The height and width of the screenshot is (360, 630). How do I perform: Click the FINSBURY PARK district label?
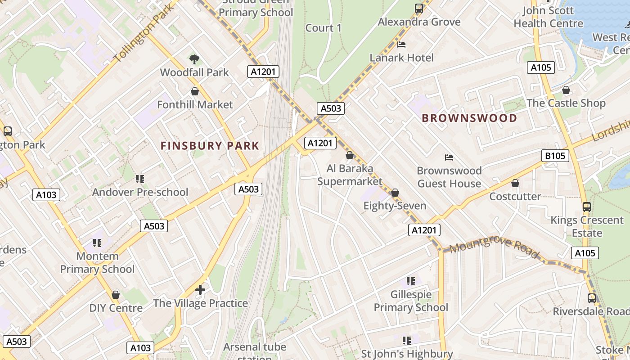point(210,146)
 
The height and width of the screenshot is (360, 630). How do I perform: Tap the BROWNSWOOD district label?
point(469,118)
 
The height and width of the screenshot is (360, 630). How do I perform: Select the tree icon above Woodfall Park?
point(194,59)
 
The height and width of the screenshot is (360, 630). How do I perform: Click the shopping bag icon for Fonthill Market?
point(195,91)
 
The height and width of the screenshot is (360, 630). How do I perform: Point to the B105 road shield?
point(554,156)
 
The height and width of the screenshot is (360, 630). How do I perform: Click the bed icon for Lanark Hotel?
point(401,44)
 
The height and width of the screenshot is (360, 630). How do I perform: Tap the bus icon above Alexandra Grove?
point(419,8)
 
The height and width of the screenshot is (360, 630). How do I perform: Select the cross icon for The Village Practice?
point(200,289)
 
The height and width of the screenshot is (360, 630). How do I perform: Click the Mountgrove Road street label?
point(494,248)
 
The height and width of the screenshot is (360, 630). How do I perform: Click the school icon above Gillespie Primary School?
point(411,281)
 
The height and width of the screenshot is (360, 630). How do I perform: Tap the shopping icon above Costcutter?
point(515,183)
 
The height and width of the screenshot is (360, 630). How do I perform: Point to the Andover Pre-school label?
point(140,192)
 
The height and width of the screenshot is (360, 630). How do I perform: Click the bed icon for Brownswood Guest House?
point(449,157)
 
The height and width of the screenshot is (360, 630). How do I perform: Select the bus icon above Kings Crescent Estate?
point(586,207)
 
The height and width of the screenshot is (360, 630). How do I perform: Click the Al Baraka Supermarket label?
point(350,175)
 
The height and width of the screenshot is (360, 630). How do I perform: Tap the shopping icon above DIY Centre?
point(116,295)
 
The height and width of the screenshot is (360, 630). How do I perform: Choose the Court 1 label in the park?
point(323,28)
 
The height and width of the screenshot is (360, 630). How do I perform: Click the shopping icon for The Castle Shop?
point(566,90)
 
